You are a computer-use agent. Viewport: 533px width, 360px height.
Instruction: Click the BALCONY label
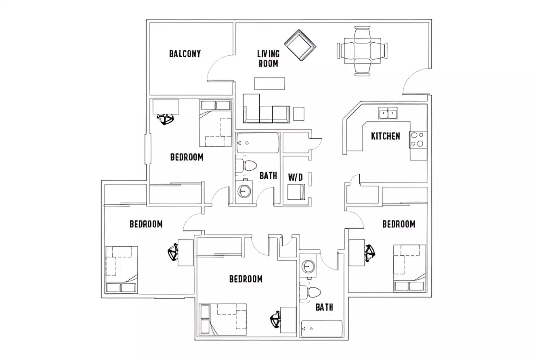click(x=185, y=54)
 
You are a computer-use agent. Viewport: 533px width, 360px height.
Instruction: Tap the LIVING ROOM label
click(x=268, y=59)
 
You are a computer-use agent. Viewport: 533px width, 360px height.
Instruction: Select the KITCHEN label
click(x=385, y=136)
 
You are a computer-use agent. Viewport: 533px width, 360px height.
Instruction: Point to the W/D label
click(x=295, y=177)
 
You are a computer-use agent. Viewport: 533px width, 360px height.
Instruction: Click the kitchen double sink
click(x=388, y=113)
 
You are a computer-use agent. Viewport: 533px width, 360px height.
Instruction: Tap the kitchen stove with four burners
click(x=418, y=140)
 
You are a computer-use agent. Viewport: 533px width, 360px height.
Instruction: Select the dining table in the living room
click(x=362, y=51)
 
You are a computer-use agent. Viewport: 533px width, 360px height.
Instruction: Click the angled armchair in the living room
click(x=300, y=45)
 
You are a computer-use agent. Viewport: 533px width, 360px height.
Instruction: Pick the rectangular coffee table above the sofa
click(x=269, y=83)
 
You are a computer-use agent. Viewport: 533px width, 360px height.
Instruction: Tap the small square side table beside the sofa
click(x=298, y=113)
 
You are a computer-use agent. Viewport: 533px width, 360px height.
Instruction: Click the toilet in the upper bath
click(x=247, y=165)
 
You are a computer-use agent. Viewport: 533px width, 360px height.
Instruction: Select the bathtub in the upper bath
click(x=257, y=142)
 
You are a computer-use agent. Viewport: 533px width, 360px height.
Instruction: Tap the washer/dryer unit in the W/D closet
click(x=296, y=192)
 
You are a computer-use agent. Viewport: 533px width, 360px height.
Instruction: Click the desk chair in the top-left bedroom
click(x=165, y=119)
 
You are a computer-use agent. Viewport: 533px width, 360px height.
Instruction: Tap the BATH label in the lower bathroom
click(x=324, y=308)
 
